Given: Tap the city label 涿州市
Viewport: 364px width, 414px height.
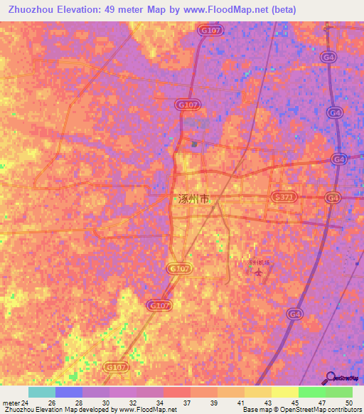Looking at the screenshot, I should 192,200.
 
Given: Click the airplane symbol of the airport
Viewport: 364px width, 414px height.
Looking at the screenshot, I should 259,271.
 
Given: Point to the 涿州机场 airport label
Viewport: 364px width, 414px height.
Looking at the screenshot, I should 259,262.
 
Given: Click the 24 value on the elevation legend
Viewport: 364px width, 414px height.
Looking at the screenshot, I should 26,403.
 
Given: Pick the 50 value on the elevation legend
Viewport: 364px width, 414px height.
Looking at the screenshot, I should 348,403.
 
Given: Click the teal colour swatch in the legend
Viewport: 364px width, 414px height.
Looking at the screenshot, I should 42,392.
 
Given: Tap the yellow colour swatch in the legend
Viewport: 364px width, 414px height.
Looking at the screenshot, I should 285,392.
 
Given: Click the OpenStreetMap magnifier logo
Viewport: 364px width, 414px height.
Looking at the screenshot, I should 331,377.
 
